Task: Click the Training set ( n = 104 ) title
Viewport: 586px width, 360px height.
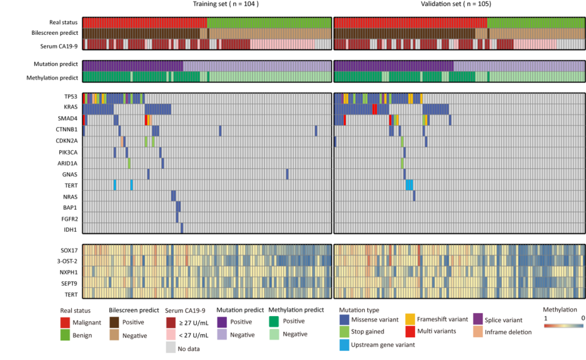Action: (226, 4)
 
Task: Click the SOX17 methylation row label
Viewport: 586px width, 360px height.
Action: (68, 250)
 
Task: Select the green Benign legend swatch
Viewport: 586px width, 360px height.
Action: (65, 335)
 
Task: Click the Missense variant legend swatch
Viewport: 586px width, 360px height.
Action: (343, 320)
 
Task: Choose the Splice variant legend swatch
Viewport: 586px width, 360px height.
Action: (478, 320)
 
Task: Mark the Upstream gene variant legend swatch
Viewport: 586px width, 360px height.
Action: (343, 344)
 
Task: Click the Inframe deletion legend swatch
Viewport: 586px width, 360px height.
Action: (478, 332)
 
